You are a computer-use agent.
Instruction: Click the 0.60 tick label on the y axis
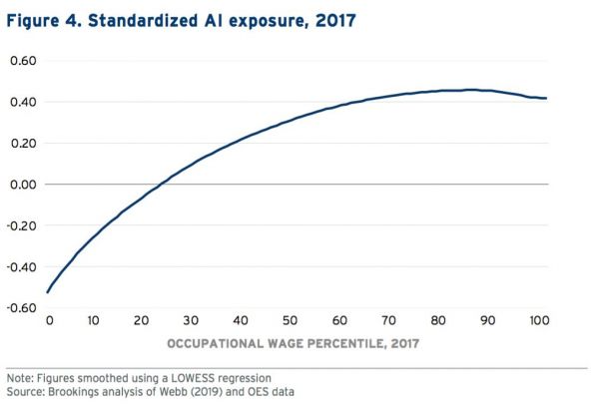coord(22,61)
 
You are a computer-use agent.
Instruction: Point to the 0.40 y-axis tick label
coord(22,102)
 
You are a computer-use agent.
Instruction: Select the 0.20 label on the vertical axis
coord(22,143)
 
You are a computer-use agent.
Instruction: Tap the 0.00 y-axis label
coord(22,185)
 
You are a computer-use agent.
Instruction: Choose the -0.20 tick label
coord(20,225)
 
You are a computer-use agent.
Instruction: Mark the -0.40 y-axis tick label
coord(20,266)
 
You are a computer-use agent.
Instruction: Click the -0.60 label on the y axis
coord(20,307)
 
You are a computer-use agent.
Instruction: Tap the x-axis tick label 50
coord(289,322)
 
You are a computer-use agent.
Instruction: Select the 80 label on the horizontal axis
coord(435,322)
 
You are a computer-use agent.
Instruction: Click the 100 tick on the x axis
coord(535,322)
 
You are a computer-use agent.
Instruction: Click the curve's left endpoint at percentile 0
coord(47,293)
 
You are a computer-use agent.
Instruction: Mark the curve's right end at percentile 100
coord(546,98)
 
